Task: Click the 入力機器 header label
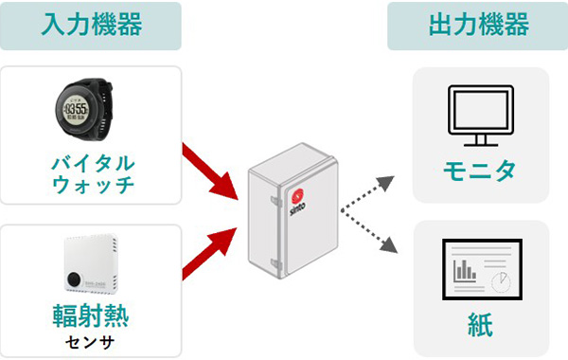click(x=92, y=25)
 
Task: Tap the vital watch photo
click(x=92, y=106)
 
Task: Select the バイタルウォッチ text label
click(x=92, y=171)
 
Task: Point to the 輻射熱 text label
click(x=92, y=315)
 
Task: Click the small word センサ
click(x=92, y=341)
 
